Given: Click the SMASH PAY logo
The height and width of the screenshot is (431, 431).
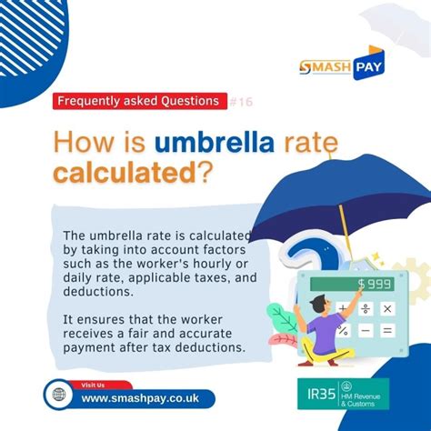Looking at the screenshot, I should point(346,65).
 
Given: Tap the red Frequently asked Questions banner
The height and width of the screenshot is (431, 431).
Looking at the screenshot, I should point(137,101).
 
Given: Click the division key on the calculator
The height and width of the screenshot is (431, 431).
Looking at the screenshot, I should point(366,308).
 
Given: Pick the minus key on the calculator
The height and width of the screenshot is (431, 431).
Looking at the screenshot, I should point(366,331).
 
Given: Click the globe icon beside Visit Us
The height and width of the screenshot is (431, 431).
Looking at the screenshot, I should point(59,397).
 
